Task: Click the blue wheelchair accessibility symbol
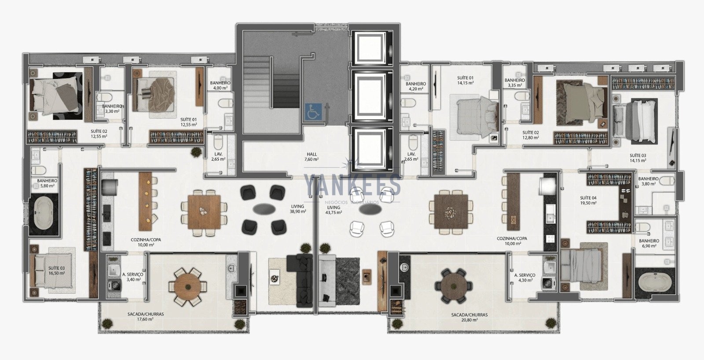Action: [313, 112]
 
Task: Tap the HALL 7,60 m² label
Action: [312, 157]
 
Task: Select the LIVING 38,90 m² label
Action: [297, 209]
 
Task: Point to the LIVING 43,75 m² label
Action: [334, 210]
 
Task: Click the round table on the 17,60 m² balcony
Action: [187, 287]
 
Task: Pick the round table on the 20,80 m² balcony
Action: [454, 286]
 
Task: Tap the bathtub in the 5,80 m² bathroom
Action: [44, 214]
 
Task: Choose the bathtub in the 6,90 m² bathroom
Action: [654, 283]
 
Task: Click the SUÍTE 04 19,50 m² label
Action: [588, 200]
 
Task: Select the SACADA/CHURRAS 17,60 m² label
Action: [146, 316]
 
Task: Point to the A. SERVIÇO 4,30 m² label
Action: [524, 277]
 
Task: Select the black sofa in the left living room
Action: [300, 281]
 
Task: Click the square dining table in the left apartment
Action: [204, 212]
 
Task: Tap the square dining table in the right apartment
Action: [451, 211]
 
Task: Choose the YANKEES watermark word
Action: [352, 186]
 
